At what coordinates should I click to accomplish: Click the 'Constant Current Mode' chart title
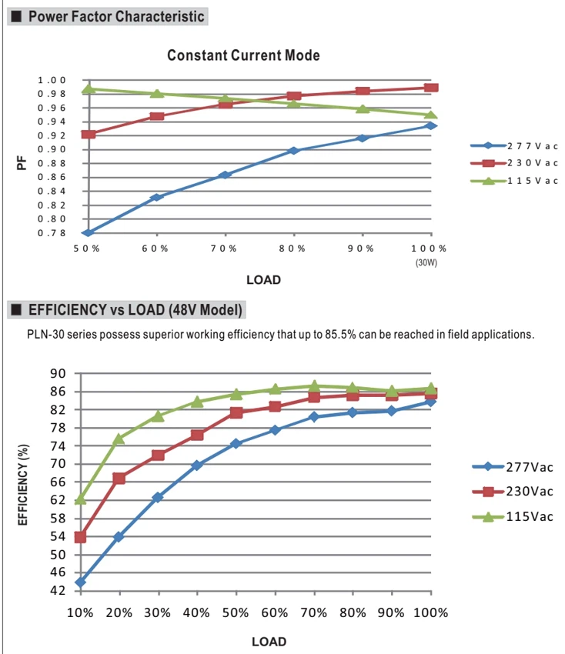[243, 55]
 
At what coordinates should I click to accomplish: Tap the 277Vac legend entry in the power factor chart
[514, 146]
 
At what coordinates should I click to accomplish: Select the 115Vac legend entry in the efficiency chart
[513, 517]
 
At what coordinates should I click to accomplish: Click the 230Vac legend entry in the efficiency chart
[513, 492]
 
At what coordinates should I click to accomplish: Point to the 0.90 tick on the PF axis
[52, 149]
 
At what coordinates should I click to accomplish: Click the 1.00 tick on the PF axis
[52, 80]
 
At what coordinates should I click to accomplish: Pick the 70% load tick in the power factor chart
[224, 249]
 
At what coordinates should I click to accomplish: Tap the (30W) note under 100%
[426, 263]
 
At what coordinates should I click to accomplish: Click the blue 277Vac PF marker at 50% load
[89, 232]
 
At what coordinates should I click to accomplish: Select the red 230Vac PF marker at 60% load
[157, 116]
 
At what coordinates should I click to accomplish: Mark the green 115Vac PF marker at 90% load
[363, 108]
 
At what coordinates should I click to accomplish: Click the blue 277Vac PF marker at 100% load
[431, 125]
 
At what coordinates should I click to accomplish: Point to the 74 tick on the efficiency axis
[58, 445]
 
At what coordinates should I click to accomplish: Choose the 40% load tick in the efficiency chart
[196, 612]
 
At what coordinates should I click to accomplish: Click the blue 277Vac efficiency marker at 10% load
[81, 582]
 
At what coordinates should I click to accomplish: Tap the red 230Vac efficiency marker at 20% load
[119, 479]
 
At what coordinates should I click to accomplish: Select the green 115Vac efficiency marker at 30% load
[158, 415]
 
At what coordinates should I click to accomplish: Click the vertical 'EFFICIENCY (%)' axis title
[23, 485]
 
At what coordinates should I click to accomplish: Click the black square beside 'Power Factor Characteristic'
[16, 16]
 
